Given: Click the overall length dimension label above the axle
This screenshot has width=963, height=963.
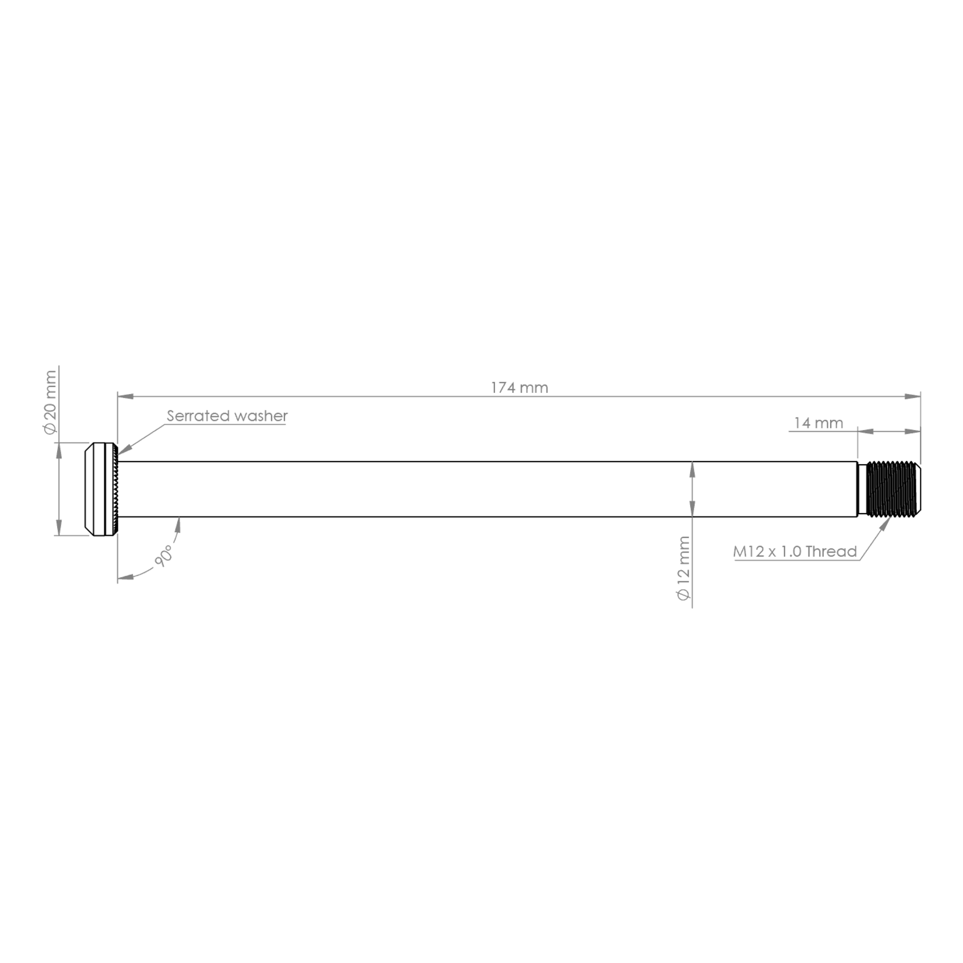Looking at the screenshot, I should coord(518,386).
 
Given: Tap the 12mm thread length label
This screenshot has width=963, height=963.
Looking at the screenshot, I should coord(819,424).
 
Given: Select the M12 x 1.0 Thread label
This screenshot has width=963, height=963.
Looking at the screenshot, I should coord(795,551).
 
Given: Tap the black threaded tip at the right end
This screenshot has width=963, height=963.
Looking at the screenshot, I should coord(888,488).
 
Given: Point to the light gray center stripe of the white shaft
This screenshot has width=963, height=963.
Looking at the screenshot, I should coord(402,487).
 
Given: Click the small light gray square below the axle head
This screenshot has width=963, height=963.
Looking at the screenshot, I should coord(111,547).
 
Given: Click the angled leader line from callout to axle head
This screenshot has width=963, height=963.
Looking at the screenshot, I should coord(140,441).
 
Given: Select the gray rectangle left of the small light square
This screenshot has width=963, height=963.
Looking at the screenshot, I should coord(73,547).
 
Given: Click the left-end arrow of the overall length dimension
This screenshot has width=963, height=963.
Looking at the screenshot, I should coord(124,395).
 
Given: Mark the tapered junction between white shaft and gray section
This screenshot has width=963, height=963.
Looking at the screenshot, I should coord(692,488).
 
